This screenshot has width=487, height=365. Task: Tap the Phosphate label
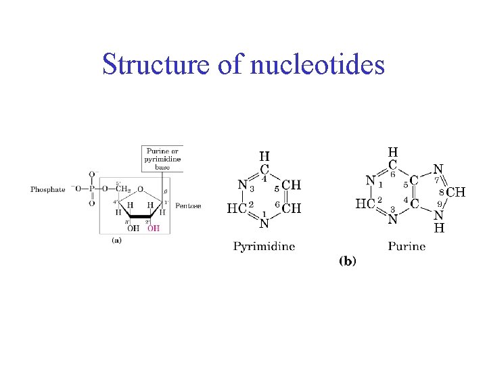(x=48, y=189)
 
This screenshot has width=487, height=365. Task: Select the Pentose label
(x=187, y=205)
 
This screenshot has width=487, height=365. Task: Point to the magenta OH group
(x=154, y=228)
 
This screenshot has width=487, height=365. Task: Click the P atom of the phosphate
(x=91, y=189)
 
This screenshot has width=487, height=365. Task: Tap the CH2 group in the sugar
(x=122, y=189)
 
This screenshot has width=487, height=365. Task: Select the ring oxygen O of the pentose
(x=139, y=190)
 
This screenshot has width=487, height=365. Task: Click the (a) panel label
(x=116, y=240)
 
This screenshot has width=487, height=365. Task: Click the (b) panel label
(x=347, y=261)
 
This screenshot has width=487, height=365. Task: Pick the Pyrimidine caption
(x=264, y=246)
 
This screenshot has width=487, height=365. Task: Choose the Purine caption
(x=407, y=246)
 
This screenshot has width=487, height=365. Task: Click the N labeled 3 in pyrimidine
(x=243, y=184)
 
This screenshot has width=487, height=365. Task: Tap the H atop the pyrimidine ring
(x=264, y=157)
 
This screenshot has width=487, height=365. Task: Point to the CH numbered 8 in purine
(x=455, y=192)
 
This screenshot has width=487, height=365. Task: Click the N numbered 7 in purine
(x=438, y=170)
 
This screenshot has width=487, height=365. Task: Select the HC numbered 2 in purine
(x=365, y=203)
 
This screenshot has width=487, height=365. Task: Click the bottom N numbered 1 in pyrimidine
(x=264, y=222)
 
